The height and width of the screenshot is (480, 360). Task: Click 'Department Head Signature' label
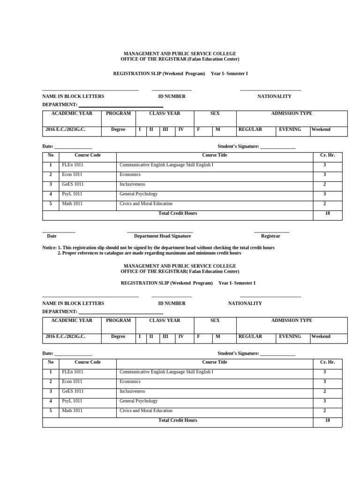163,236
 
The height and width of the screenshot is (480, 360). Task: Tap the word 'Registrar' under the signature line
270,236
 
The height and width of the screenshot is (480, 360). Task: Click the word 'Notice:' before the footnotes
49,247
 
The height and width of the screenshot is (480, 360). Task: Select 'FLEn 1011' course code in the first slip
73,165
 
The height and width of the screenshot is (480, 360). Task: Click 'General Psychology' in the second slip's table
138,401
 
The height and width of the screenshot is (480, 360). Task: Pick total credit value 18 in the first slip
327,213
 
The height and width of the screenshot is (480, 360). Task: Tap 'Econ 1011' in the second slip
72,382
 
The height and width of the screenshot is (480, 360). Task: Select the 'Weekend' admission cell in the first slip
321,129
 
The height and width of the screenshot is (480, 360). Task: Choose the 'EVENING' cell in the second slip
290,337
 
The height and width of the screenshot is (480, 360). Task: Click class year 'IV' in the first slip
181,129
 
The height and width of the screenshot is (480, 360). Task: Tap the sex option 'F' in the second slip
198,337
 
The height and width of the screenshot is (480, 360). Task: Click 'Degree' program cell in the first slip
118,129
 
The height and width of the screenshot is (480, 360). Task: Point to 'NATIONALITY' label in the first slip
274,96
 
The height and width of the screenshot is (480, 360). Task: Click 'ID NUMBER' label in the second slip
172,303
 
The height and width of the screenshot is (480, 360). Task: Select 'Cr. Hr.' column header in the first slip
327,155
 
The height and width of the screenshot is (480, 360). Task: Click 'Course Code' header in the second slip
88,362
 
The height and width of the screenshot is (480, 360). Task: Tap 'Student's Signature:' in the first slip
238,146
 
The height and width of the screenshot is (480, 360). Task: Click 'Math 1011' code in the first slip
72,203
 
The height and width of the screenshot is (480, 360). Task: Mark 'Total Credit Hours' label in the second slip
178,420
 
